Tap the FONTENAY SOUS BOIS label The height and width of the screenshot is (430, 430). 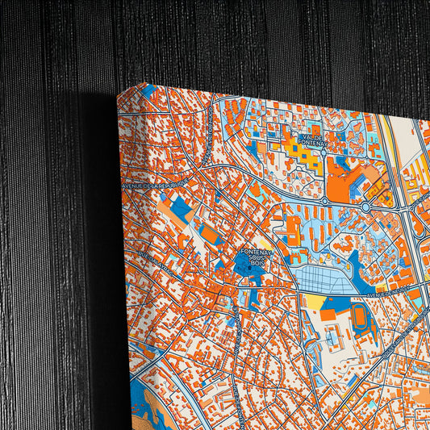click(257, 260)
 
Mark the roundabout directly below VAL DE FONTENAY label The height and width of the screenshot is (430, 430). click(324, 199)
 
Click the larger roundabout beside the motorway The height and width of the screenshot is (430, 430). click(366, 207)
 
